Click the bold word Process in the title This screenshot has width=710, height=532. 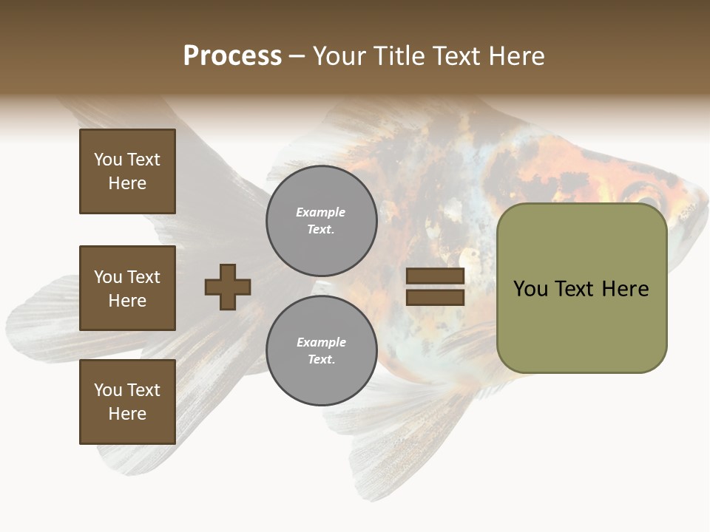pyautogui.click(x=232, y=56)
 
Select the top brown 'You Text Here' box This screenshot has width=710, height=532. pyautogui.click(x=127, y=171)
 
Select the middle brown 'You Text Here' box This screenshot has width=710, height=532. pyautogui.click(x=127, y=288)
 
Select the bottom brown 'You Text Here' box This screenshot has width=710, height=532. pyautogui.click(x=127, y=402)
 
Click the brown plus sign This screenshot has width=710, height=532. pyautogui.click(x=228, y=287)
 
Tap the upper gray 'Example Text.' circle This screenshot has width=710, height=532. pyautogui.click(x=321, y=221)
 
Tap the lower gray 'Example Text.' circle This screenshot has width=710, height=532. pyautogui.click(x=321, y=351)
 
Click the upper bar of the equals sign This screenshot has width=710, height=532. pyautogui.click(x=435, y=276)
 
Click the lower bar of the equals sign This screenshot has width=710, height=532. pyautogui.click(x=435, y=298)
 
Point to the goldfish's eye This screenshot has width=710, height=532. pyautogui.click(x=649, y=201)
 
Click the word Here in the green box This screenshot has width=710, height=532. pyautogui.click(x=625, y=289)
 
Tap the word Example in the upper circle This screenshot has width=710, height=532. pyautogui.click(x=321, y=212)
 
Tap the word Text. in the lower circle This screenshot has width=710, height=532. pyautogui.click(x=321, y=360)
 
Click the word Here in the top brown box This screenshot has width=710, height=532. pyautogui.click(x=127, y=183)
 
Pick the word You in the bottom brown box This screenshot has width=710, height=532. pyautogui.click(x=108, y=390)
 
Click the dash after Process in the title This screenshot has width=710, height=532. pyautogui.click(x=297, y=56)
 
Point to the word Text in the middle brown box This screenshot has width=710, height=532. pyautogui.click(x=143, y=277)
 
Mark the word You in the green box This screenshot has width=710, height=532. pyautogui.click(x=531, y=289)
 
